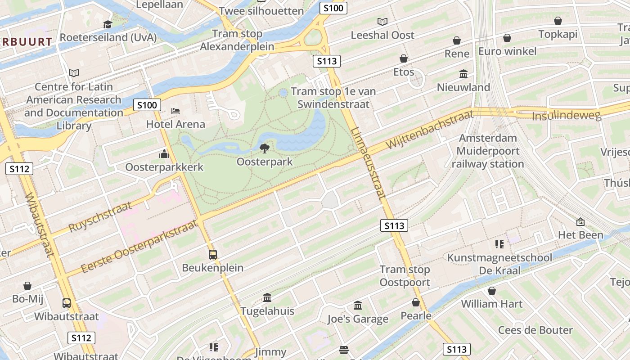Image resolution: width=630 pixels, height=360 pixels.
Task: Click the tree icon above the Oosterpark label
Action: click(x=265, y=148)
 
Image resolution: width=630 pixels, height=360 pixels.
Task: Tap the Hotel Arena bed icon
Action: click(x=175, y=111)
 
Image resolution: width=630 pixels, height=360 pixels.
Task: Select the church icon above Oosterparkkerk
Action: click(x=164, y=154)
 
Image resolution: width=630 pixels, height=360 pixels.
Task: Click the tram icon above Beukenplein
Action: click(x=213, y=255)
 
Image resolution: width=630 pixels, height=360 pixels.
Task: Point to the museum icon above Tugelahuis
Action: click(x=267, y=297)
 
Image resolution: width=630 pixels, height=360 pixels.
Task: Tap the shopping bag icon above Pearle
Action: click(x=416, y=302)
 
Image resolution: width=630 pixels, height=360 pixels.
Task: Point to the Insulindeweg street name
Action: click(x=566, y=116)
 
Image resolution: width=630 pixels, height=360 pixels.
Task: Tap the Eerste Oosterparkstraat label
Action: click(x=139, y=247)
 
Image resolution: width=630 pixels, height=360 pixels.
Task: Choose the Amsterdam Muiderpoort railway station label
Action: click(x=488, y=151)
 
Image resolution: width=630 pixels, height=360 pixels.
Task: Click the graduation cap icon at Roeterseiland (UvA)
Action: click(x=108, y=24)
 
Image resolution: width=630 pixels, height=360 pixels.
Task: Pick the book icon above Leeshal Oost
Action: click(x=382, y=22)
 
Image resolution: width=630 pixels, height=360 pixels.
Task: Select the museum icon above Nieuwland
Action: click(x=463, y=74)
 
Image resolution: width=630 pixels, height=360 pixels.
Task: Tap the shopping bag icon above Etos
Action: click(x=404, y=58)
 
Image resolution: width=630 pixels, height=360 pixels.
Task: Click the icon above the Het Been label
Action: click(x=580, y=221)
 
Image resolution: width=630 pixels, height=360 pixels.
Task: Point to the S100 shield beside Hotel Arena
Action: click(x=147, y=105)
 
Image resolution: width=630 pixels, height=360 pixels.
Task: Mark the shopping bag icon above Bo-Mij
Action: click(x=27, y=286)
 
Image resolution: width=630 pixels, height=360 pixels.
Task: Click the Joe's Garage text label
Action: click(x=358, y=319)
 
